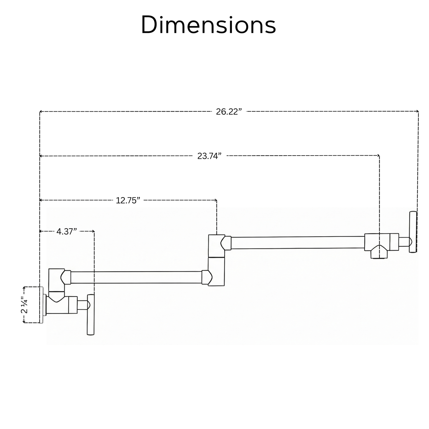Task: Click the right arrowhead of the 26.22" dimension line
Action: pos(418,111)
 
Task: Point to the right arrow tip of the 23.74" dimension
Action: pos(379,155)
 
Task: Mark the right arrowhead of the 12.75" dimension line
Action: pos(216,200)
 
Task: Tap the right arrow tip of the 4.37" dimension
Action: pos(94,231)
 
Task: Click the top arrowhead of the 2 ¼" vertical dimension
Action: pos(24,287)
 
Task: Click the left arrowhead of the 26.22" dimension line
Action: pos(40,111)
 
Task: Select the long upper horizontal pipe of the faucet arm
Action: pos(298,243)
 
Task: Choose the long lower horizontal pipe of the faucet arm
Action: pos(136,277)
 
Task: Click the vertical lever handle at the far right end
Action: pos(413,232)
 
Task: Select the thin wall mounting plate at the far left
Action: pos(41,305)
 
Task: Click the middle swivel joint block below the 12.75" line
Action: pos(216,260)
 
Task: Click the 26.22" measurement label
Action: pos(229,112)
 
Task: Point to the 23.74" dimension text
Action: pos(209,156)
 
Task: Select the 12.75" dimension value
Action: pos(128,200)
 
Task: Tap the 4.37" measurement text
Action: pos(67,232)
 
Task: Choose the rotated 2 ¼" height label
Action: pos(24,305)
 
